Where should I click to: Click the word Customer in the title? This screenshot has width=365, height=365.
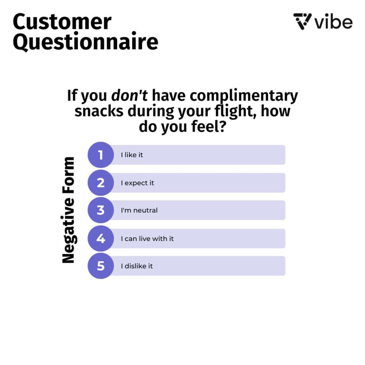[x=62, y=22]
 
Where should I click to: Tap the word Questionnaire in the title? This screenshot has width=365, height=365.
[x=86, y=42]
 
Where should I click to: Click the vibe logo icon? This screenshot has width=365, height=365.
[x=302, y=21]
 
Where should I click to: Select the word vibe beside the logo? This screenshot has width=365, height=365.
[x=333, y=22]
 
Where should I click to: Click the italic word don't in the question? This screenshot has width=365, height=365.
[x=129, y=95]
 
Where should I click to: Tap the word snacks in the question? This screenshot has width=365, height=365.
[x=99, y=111]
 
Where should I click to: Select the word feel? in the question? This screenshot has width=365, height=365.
[x=209, y=127]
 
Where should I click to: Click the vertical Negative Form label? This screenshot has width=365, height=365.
[x=68, y=210]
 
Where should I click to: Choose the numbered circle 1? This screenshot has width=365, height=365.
[x=101, y=155]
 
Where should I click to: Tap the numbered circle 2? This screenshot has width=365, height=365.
[x=101, y=183]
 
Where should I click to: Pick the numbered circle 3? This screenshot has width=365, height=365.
[x=101, y=210]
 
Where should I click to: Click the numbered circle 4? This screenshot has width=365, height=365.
[x=101, y=238]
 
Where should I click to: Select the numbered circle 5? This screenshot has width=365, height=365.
[x=101, y=266]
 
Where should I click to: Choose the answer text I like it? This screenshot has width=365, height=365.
[x=132, y=155]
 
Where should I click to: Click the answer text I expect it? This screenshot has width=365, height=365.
[x=137, y=183]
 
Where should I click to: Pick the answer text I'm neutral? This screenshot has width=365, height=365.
[x=139, y=210]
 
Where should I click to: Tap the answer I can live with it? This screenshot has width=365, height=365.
[x=147, y=238]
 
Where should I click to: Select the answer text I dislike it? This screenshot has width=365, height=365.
[x=137, y=266]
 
